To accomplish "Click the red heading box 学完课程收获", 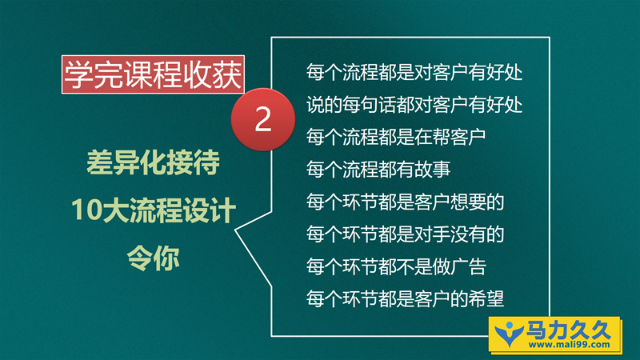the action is click(x=153, y=74).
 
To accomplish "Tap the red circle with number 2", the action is click(x=263, y=119).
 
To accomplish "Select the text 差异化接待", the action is click(x=153, y=162).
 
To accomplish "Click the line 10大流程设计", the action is click(x=154, y=210).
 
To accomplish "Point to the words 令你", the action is click(x=153, y=258).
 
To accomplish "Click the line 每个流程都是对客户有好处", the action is click(x=414, y=72).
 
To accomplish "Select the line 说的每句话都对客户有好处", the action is click(x=414, y=105).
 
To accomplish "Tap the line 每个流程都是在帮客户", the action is click(x=396, y=137).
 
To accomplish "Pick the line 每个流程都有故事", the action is click(x=378, y=169).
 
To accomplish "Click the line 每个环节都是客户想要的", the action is click(x=406, y=202).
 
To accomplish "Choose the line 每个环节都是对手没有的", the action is click(x=406, y=234).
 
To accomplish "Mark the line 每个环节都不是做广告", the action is click(x=396, y=266).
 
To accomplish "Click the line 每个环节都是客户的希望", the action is click(x=406, y=298).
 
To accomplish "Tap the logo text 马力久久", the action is click(x=568, y=330).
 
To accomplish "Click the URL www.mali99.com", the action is click(x=569, y=345).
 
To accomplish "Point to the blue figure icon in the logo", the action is click(x=509, y=334).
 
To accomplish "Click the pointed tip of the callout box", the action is click(x=235, y=230).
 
